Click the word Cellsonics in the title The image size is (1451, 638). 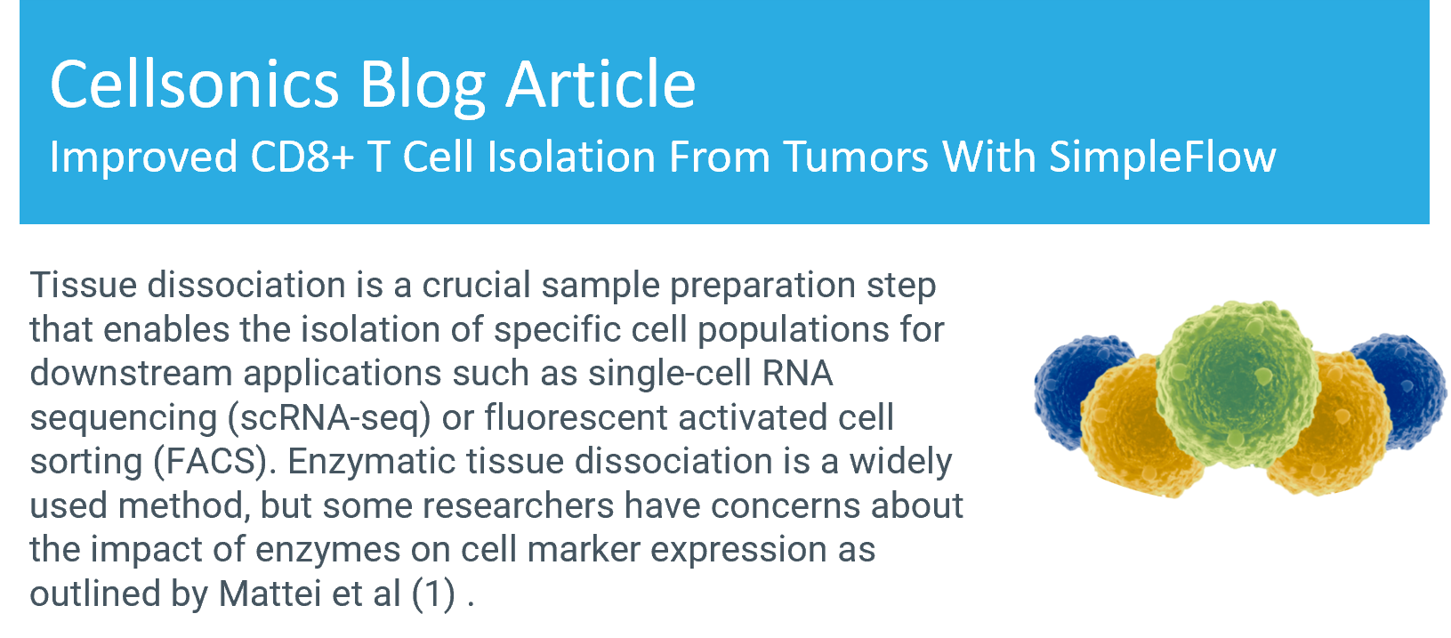pyautogui.click(x=194, y=85)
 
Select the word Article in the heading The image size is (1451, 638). pyautogui.click(x=601, y=85)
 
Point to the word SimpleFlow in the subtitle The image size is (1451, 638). pyautogui.click(x=1162, y=158)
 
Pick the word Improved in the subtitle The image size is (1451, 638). pyautogui.click(x=143, y=158)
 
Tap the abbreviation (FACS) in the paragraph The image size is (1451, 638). pyautogui.click(x=215, y=462)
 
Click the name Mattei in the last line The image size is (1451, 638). pyautogui.click(x=270, y=594)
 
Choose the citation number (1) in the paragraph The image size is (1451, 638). pyautogui.click(x=434, y=594)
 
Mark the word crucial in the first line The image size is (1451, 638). pyautogui.click(x=476, y=286)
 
